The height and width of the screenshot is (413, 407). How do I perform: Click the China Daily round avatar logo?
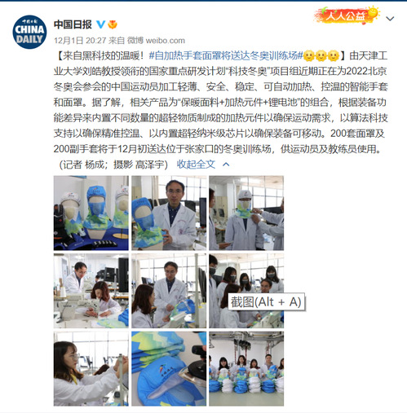click(x=29, y=32)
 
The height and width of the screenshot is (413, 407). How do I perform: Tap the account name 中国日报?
click(x=73, y=24)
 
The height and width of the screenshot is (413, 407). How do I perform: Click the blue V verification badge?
click(x=101, y=24)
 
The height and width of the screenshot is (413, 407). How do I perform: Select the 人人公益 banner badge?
click(x=347, y=15)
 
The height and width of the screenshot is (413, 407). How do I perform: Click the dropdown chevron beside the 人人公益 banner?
click(x=390, y=19)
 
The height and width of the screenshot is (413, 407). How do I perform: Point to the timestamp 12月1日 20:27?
click(x=80, y=41)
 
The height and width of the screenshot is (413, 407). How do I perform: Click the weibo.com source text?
click(x=166, y=41)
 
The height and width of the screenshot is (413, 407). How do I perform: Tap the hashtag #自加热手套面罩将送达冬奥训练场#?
click(x=226, y=55)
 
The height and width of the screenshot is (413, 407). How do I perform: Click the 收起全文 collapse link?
click(x=196, y=164)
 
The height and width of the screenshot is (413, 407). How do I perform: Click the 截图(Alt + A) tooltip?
click(x=266, y=302)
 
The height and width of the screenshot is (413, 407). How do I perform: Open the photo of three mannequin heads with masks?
click(x=91, y=213)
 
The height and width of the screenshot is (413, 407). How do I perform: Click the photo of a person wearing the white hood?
click(x=246, y=213)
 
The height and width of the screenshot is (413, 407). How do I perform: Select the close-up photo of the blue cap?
click(x=169, y=368)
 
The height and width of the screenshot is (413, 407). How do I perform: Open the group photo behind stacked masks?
click(x=246, y=368)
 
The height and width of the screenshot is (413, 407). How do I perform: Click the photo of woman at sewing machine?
click(x=91, y=291)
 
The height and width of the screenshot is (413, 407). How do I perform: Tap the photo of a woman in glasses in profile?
click(x=91, y=368)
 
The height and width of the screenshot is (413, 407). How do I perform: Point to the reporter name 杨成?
click(x=94, y=165)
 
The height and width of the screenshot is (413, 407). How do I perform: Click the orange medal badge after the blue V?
click(x=113, y=24)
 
